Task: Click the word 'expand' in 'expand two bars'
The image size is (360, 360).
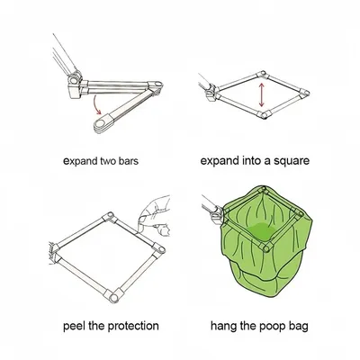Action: pos(80,161)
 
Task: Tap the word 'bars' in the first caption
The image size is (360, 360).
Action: pos(128,161)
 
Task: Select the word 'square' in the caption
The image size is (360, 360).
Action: pos(292,161)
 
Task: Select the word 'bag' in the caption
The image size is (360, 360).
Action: pos(298,327)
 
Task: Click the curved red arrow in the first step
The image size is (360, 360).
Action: pos(96,105)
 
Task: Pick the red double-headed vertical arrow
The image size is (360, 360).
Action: pos(261,94)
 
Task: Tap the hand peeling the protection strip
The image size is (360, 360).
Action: pos(155,214)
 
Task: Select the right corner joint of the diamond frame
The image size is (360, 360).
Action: pos(303,93)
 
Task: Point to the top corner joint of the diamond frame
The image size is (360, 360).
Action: pos(261,74)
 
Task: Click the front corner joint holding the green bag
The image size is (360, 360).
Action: pos(265,247)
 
